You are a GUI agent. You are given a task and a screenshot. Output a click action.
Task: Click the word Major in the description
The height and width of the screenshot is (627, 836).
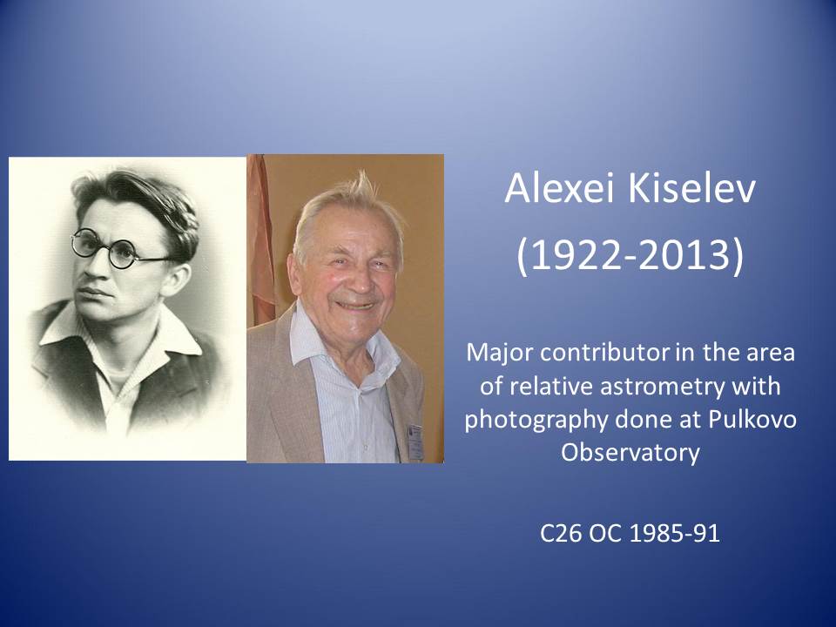point(498,353)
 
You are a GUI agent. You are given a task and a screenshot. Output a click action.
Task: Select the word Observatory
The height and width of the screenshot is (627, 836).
point(630,453)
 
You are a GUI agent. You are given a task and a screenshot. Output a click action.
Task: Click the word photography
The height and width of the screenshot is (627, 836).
point(536,420)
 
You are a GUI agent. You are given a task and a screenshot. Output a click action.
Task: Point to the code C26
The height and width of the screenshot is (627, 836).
point(559,533)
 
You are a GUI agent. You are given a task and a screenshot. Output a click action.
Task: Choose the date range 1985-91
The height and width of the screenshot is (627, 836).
point(674,533)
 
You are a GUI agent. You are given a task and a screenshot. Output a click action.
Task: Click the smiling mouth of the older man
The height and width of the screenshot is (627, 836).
point(354,306)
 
